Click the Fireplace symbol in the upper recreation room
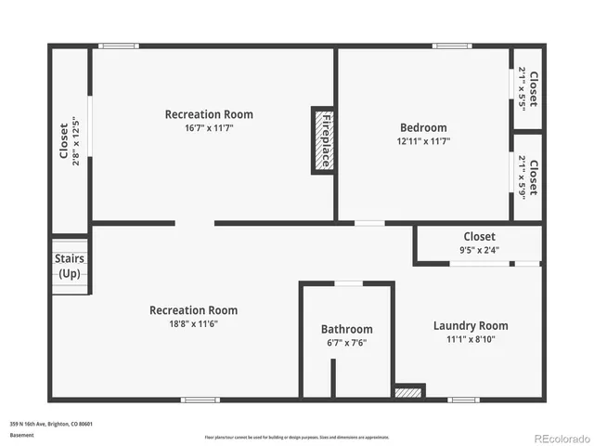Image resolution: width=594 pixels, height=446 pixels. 323,139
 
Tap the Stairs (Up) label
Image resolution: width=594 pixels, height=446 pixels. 70,267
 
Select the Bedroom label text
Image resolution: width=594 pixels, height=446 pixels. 423,128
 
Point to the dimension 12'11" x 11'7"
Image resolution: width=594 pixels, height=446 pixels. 423,142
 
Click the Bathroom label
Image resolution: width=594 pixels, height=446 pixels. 347,329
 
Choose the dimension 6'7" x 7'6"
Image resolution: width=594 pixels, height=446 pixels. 347,343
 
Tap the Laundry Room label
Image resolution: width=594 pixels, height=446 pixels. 471,325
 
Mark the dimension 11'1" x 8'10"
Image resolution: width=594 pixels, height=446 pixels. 471,339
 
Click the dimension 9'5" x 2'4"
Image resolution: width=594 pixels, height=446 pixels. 479,250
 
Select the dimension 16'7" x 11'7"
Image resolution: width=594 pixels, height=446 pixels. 209,128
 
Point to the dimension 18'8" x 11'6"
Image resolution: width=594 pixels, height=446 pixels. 193,323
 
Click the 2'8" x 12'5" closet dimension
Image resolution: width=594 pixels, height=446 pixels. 75,140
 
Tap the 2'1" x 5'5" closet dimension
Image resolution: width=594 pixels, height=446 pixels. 523,87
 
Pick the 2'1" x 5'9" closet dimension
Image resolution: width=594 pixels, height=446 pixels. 523,177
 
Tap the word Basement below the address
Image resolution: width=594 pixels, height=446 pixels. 20,435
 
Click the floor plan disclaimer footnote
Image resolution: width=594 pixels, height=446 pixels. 297,437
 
